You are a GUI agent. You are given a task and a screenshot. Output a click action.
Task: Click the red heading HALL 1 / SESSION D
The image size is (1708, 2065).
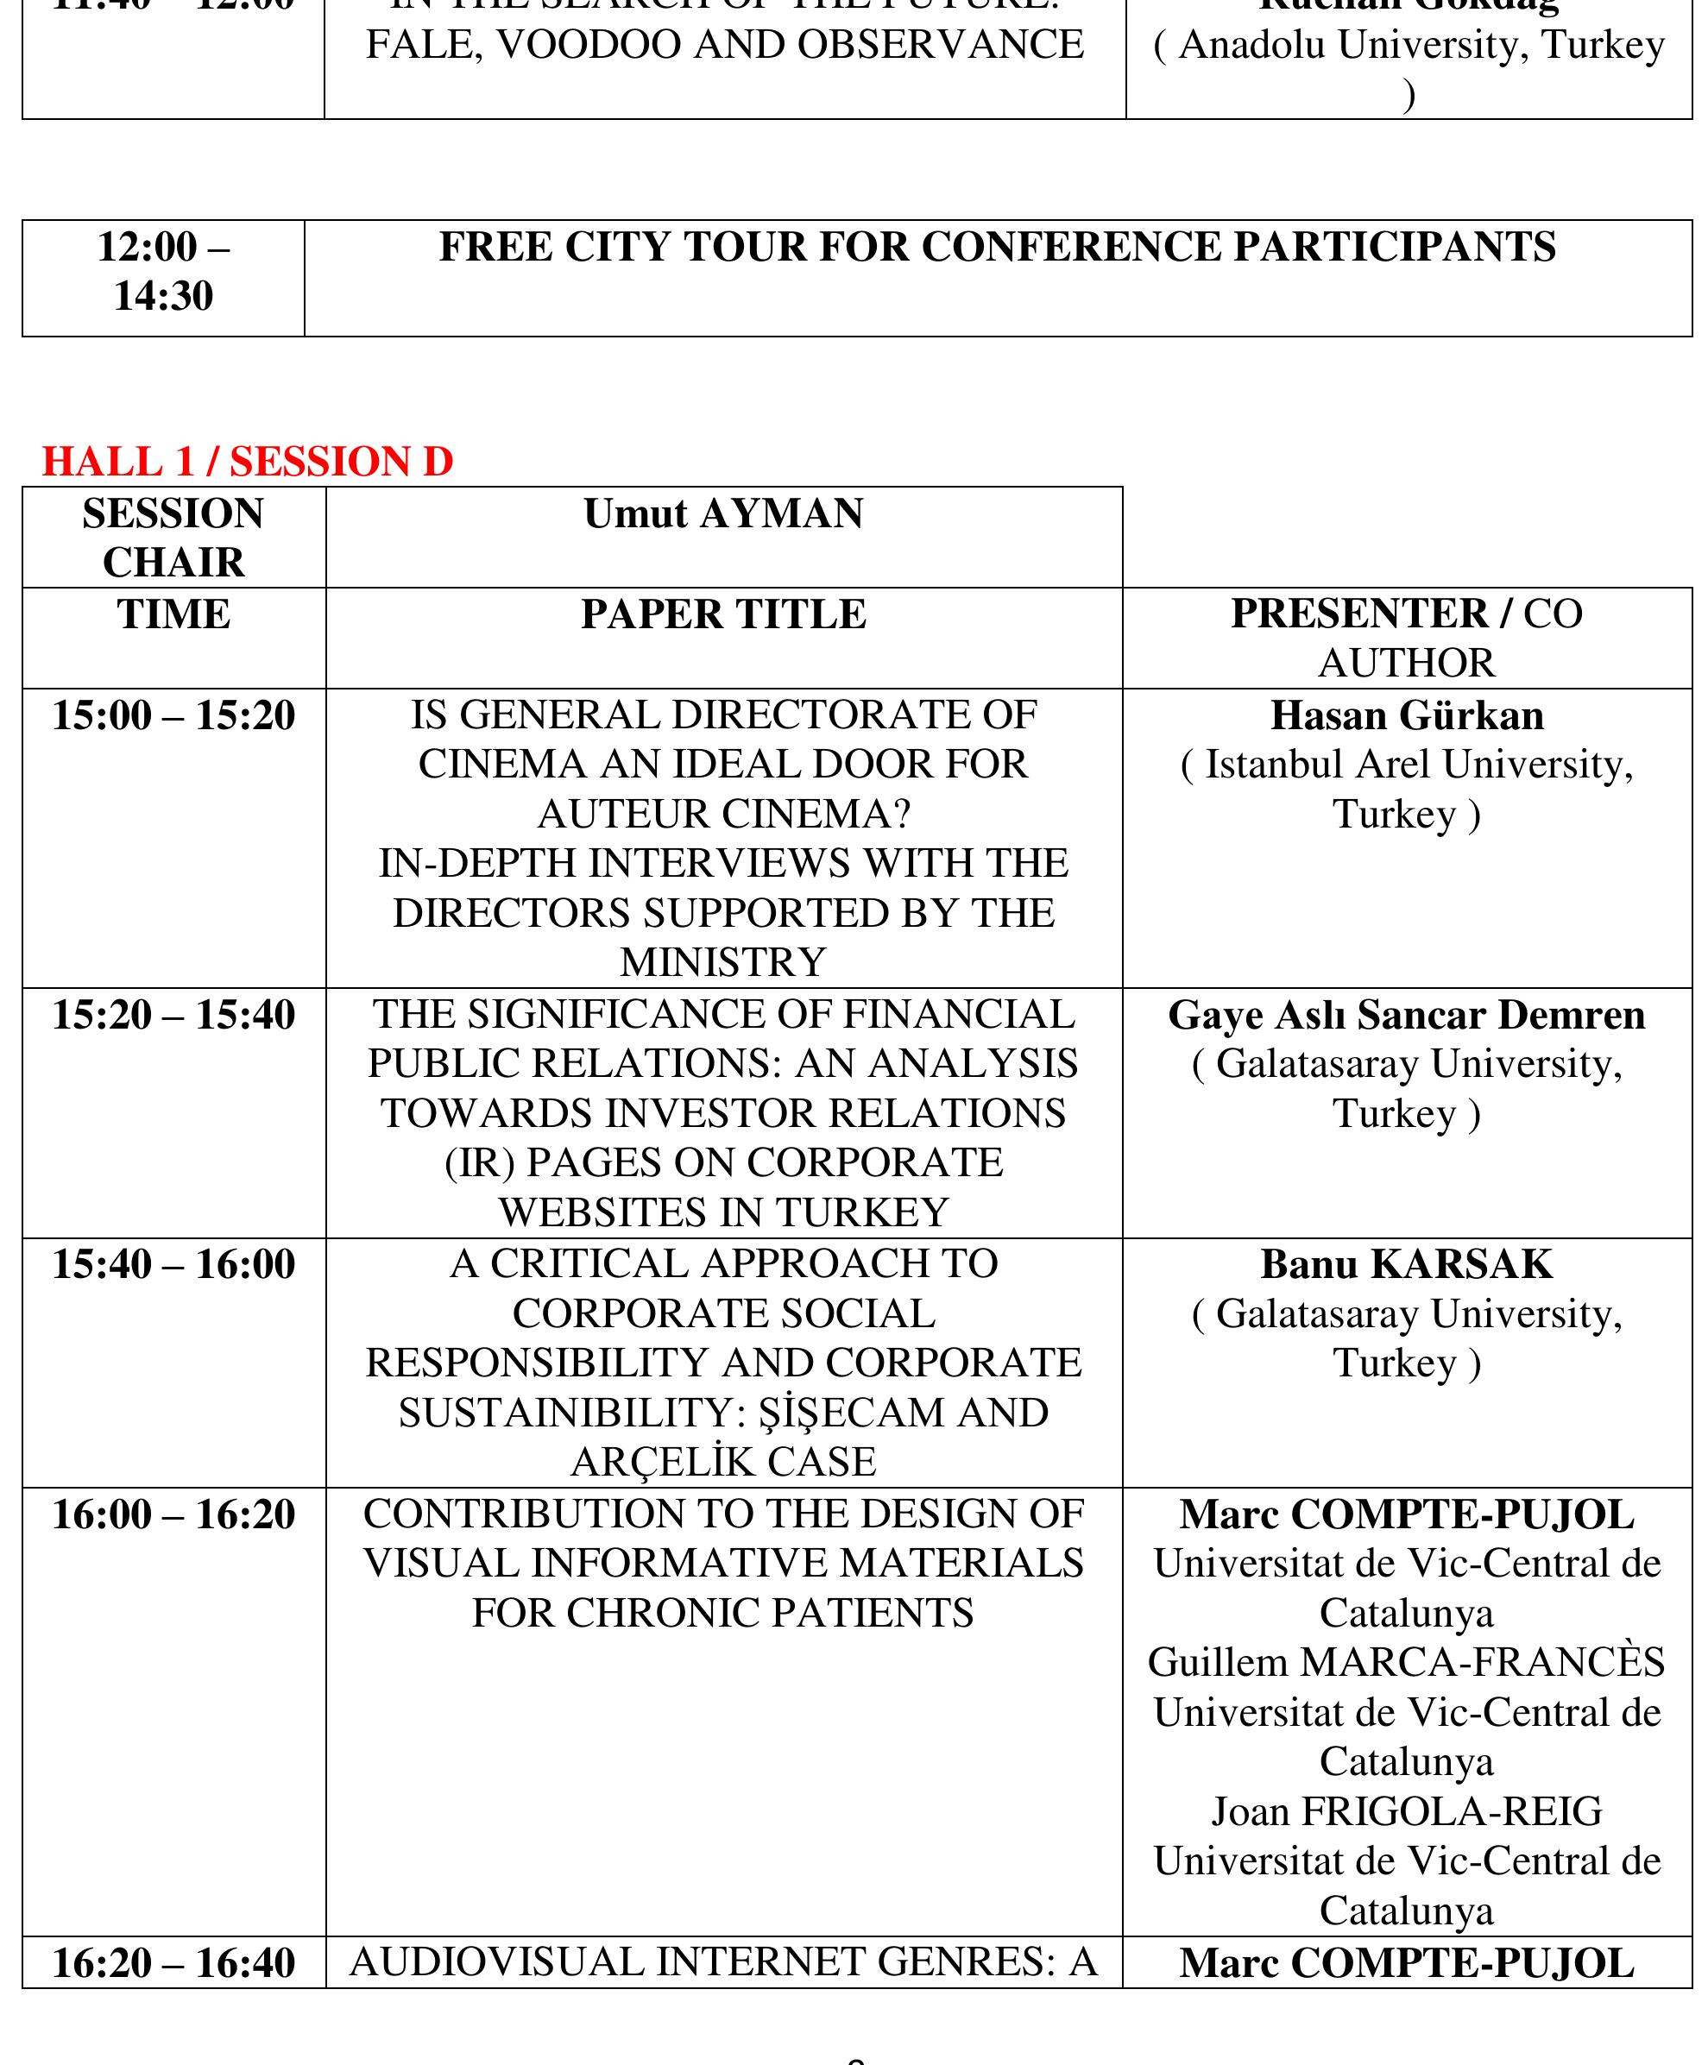click(247, 461)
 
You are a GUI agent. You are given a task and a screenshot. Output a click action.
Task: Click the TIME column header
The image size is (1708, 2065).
click(173, 614)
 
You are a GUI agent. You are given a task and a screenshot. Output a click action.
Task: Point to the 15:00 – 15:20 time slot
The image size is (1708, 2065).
click(173, 715)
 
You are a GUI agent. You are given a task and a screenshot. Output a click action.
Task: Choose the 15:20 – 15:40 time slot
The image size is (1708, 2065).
click(173, 1014)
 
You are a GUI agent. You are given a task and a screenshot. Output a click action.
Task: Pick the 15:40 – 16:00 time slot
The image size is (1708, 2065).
click(173, 1263)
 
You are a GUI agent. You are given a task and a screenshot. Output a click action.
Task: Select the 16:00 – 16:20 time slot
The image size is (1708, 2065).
click(173, 1514)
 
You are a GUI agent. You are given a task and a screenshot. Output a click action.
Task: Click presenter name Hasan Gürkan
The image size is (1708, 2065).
click(1406, 715)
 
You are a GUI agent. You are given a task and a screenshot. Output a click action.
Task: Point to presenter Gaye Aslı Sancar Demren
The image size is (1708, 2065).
click(1406, 1014)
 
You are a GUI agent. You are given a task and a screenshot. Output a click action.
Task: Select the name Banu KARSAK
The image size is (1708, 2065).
click(1406, 1263)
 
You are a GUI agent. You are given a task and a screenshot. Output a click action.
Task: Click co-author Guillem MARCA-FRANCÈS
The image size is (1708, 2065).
click(1406, 1662)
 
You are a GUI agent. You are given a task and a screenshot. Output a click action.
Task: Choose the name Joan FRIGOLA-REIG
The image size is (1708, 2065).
click(1406, 1810)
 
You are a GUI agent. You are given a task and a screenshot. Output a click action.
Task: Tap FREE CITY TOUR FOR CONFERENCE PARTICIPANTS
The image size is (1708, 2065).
click(997, 246)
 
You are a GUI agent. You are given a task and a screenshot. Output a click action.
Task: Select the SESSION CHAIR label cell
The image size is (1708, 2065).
click(173, 537)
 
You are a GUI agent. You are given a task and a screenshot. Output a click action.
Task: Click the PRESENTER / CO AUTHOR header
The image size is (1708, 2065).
click(1406, 637)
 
